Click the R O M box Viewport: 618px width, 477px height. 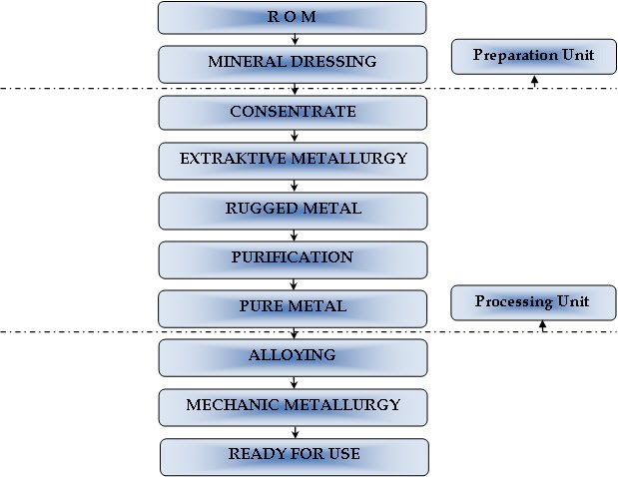click(x=293, y=17)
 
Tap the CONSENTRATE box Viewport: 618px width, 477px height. click(x=293, y=112)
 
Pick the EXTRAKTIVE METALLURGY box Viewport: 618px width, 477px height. click(x=293, y=160)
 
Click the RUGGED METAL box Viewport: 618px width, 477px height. click(x=293, y=210)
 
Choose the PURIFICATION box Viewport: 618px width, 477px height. click(x=293, y=258)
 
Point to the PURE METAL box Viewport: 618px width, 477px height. click(x=293, y=307)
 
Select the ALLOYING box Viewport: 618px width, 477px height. click(x=293, y=356)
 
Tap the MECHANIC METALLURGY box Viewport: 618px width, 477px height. click(x=293, y=406)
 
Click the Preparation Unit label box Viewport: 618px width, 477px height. click(x=532, y=56)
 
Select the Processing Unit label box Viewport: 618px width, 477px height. click(x=532, y=302)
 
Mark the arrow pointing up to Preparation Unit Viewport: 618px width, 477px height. click(x=534, y=81)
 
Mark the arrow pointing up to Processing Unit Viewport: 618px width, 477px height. click(x=542, y=325)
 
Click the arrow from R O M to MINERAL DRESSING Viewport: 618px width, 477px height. click(x=294, y=40)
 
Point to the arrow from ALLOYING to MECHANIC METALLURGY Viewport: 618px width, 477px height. click(x=294, y=381)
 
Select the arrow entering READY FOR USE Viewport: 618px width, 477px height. click(x=294, y=431)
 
